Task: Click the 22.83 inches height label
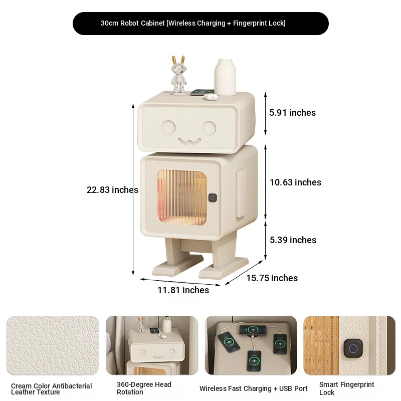pos(112,190)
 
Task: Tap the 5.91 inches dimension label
pos(293,112)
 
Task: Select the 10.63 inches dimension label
pos(296,182)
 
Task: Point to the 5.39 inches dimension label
pos(293,240)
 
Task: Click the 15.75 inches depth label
pos(272,278)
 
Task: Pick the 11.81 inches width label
pos(183,290)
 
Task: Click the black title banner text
pos(193,23)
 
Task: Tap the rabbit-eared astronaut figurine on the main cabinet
pos(178,75)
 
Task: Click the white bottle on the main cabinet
pos(225,77)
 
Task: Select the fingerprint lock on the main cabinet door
pos(212,197)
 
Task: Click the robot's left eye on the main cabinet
pos(168,127)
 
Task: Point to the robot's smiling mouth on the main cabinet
pos(189,141)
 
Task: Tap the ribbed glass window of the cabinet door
pos(182,197)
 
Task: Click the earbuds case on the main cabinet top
pos(210,96)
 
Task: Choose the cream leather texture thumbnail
pos(53,345)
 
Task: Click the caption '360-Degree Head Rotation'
pos(144,388)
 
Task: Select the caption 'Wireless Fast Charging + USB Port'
pos(254,388)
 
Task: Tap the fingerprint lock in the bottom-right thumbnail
pos(353,348)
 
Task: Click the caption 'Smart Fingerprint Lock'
pos(346,388)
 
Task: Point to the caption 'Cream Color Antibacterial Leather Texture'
pos(52,389)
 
